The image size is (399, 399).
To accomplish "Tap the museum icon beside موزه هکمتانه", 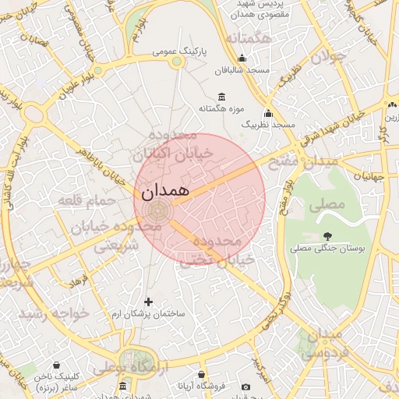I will (223, 97).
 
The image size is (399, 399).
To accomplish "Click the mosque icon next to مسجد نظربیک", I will (269, 113).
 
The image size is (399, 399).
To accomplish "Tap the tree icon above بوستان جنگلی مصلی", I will (327, 235).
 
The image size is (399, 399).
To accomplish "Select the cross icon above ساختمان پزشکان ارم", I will (149, 302).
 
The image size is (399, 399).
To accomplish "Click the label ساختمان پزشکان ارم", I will (148, 313).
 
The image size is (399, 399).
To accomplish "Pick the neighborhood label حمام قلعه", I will (87, 201).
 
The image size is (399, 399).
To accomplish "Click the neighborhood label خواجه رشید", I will (55, 312).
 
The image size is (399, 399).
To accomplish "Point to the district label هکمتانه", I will (248, 39).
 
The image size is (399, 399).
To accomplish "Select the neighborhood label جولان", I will (327, 56).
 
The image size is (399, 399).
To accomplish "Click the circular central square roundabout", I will (158, 209).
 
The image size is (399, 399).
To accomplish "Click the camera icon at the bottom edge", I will (246, 387).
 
